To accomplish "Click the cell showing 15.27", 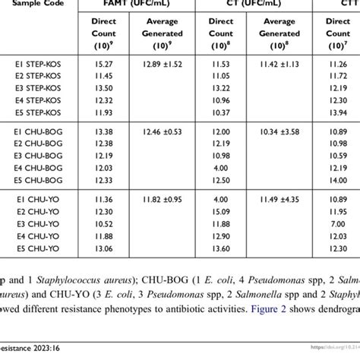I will [103, 67].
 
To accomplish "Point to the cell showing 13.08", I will [103, 248].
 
